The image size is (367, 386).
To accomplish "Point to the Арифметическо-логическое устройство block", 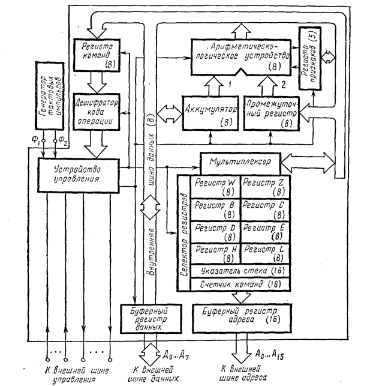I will (x=239, y=56).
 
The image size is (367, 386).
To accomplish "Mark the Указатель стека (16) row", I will (x=239, y=271).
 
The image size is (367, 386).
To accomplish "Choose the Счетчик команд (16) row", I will (x=239, y=283).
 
